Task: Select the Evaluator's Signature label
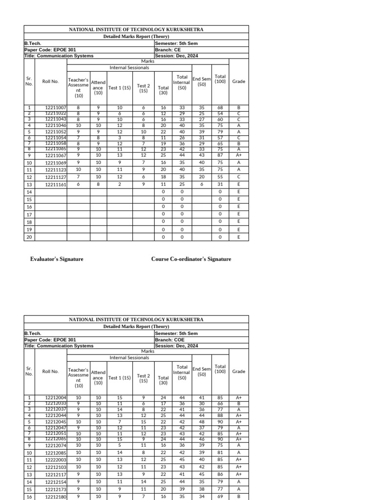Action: [57, 259]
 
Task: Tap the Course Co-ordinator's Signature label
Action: [191, 259]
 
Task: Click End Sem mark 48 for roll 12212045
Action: [202, 422]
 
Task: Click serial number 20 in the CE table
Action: [29, 237]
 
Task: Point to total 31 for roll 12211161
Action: [220, 185]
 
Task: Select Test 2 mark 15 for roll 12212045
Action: [143, 422]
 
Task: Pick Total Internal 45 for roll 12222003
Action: [182, 459]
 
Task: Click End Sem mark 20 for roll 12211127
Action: [202, 177]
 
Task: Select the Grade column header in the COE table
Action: [239, 372]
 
